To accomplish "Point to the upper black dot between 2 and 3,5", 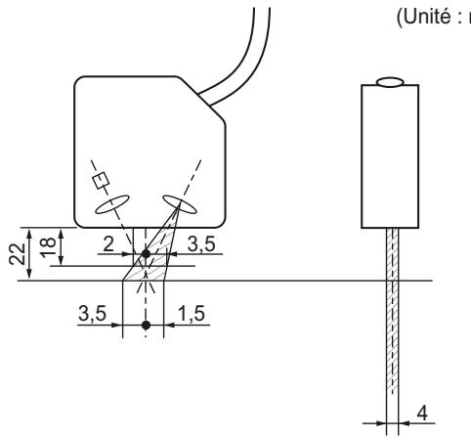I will click(147, 254).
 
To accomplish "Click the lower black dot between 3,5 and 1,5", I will click(147, 323).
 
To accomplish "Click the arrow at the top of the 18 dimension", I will click(62, 230).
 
